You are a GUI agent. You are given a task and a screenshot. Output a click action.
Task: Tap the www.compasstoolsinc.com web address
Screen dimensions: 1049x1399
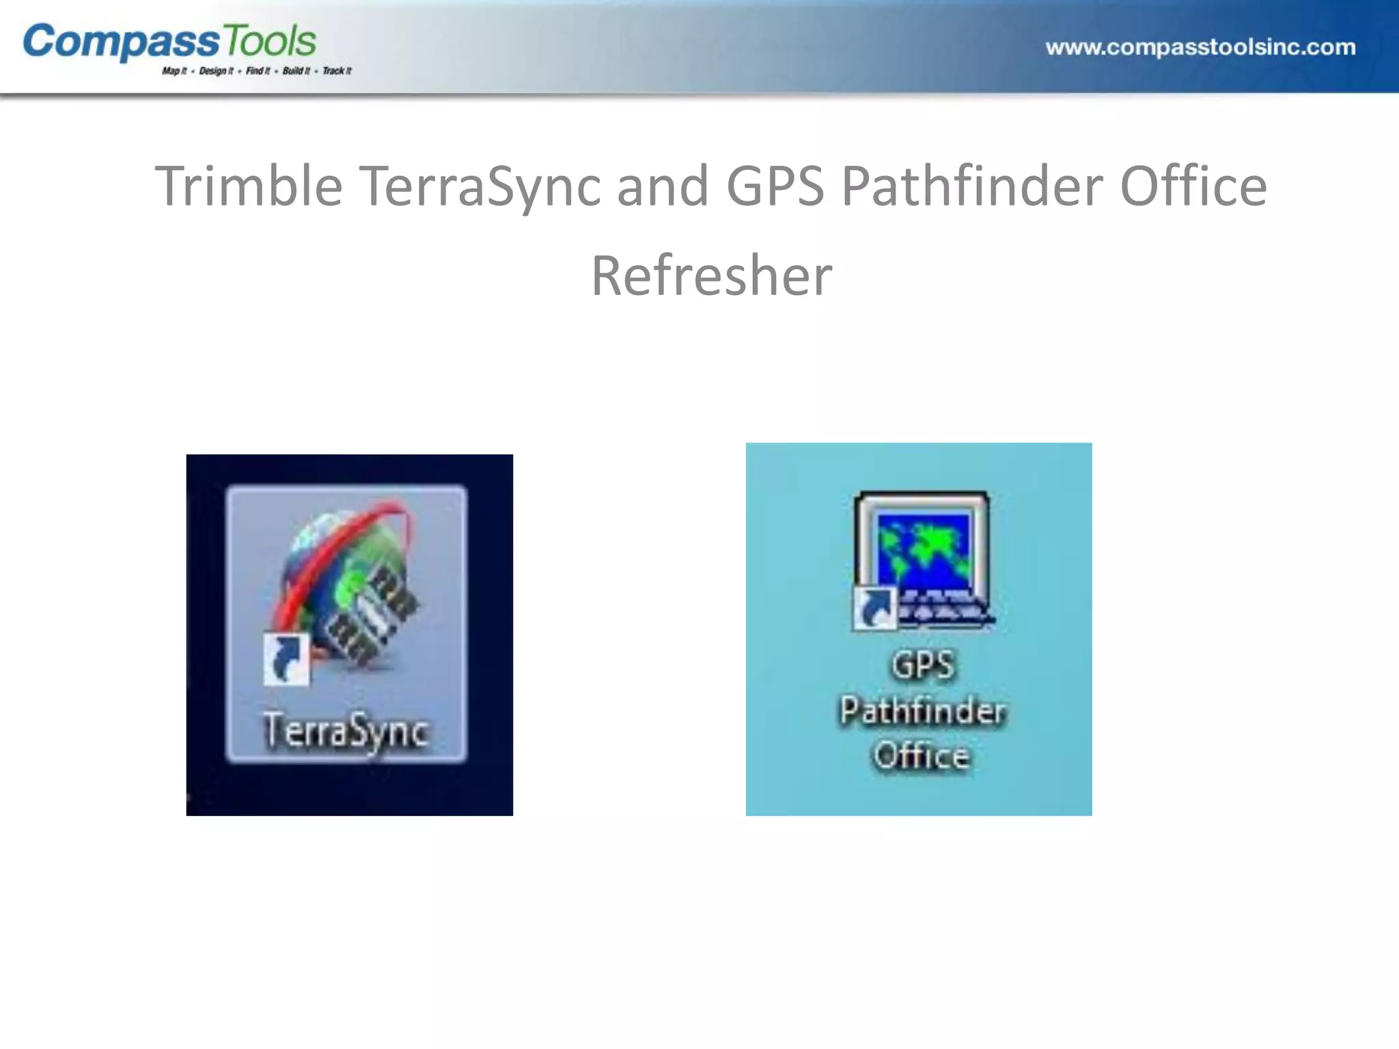pyautogui.click(x=1200, y=47)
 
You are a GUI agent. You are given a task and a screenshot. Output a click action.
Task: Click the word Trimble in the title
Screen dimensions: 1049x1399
pyautogui.click(x=249, y=186)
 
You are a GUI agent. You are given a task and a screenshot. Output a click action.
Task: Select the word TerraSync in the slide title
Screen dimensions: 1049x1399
pyautogui.click(x=480, y=186)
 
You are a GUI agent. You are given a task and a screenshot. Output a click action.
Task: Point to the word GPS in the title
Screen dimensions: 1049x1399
pyautogui.click(x=775, y=186)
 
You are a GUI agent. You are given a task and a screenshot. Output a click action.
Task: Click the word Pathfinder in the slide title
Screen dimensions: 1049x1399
pyautogui.click(x=972, y=186)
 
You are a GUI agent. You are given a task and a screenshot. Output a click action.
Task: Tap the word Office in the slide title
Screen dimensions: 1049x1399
pyautogui.click(x=1193, y=186)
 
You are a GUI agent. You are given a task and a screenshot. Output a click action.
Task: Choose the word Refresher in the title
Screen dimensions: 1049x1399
pyautogui.click(x=711, y=275)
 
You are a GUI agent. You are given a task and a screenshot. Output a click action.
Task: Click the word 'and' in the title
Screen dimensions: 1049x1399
pyautogui.click(x=663, y=186)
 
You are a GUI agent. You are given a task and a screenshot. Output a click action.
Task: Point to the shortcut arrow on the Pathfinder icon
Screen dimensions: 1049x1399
pyautogui.click(x=874, y=608)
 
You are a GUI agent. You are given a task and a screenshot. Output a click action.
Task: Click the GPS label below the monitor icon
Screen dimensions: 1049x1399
pyautogui.click(x=922, y=665)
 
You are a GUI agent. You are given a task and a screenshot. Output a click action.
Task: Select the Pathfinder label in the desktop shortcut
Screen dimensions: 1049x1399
pyautogui.click(x=922, y=710)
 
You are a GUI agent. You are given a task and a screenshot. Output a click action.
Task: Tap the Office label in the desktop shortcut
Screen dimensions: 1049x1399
pyautogui.click(x=922, y=755)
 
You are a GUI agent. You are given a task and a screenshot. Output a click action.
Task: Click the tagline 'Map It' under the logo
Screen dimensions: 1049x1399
pyautogui.click(x=174, y=71)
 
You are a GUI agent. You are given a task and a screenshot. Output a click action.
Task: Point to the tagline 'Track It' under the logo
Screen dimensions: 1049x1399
pyautogui.click(x=337, y=71)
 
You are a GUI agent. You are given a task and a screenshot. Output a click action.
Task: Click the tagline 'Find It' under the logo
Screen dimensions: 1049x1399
pyautogui.click(x=258, y=71)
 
